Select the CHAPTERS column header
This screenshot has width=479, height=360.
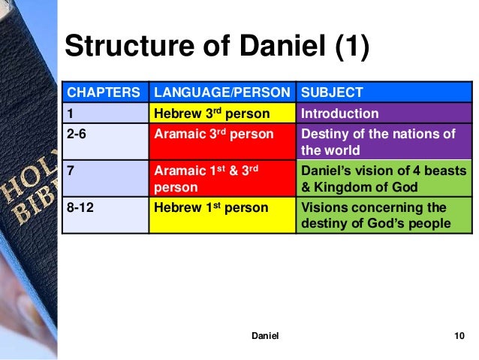pyautogui.click(x=104, y=93)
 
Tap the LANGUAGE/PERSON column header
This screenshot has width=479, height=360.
pyautogui.click(x=222, y=93)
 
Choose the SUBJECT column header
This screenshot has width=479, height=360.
pyautogui.click(x=331, y=93)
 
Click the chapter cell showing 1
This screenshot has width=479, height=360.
pyautogui.click(x=104, y=114)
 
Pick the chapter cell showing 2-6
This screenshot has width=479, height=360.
pyautogui.click(x=104, y=141)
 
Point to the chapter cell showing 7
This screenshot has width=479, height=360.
pyautogui.click(x=104, y=179)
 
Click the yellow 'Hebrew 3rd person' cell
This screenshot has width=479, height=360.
pyautogui.click(x=221, y=114)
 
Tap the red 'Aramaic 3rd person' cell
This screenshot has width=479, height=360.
pyautogui.click(x=221, y=141)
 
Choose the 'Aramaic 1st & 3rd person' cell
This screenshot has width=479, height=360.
pyautogui.click(x=221, y=179)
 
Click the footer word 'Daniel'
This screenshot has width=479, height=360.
pyautogui.click(x=264, y=336)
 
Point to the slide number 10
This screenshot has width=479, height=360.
pyautogui.click(x=459, y=336)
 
